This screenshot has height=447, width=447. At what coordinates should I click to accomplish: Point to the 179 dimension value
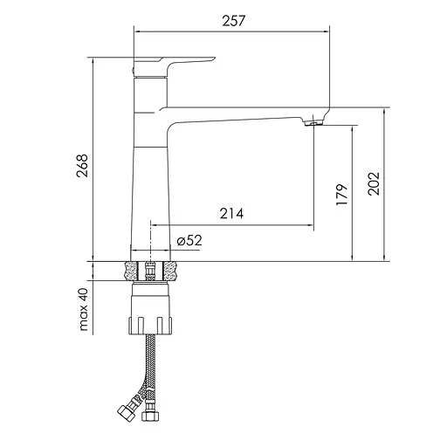[341, 193]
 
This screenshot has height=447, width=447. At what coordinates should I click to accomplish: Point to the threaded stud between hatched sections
[152, 271]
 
